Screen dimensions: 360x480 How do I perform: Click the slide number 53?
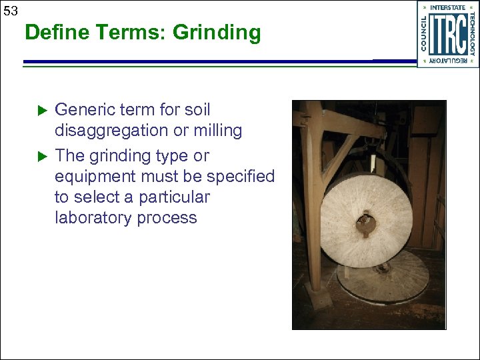pyautogui.click(x=10, y=11)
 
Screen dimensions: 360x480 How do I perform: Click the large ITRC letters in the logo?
pyautogui.click(x=447, y=35)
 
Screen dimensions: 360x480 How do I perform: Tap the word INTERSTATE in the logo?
pyautogui.click(x=447, y=8)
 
